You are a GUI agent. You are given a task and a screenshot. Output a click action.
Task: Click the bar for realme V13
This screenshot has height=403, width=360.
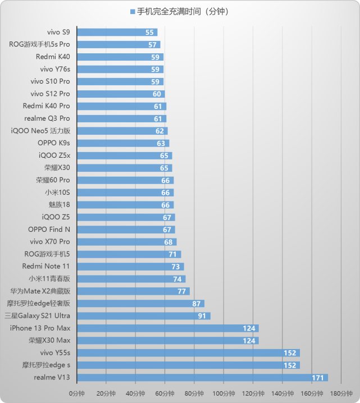pyautogui.click(x=202, y=377)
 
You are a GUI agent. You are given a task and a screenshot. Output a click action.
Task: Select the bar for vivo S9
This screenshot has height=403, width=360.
pyautogui.click(x=117, y=33)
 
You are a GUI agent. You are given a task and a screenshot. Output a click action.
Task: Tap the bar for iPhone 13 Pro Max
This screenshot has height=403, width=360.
pyautogui.click(x=167, y=328)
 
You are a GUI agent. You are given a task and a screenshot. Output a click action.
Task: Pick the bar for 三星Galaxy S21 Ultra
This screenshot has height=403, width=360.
pyautogui.click(x=143, y=316)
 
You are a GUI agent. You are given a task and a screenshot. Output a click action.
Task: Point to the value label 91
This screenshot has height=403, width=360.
pyautogui.click(x=202, y=316)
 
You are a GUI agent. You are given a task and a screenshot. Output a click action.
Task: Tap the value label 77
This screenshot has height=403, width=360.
pyautogui.click(x=181, y=291)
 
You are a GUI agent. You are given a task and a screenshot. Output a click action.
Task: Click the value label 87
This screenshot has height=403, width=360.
pyautogui.click(x=196, y=304)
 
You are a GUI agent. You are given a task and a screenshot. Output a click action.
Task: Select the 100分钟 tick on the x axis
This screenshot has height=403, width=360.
pyautogui.click(x=224, y=393)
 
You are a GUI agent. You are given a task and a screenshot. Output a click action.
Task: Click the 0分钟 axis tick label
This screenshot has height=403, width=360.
pyautogui.click(x=77, y=393)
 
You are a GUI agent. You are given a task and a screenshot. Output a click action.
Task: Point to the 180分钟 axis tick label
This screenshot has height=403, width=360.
pyautogui.click(x=341, y=393)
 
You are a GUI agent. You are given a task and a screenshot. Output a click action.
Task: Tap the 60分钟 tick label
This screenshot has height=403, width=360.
pyautogui.click(x=165, y=393)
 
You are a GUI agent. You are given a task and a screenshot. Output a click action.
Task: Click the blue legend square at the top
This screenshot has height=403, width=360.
pyautogui.click(x=133, y=11)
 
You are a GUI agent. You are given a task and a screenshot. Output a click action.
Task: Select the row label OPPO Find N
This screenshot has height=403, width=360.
pyautogui.click(x=49, y=230)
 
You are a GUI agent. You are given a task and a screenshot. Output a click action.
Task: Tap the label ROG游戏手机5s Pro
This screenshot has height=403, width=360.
pyautogui.click(x=40, y=45)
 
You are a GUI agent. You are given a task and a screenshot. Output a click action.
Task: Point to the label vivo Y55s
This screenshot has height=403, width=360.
pyautogui.click(x=55, y=352)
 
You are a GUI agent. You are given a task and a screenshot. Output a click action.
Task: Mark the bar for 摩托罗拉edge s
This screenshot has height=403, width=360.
pyautogui.click(x=188, y=365)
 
